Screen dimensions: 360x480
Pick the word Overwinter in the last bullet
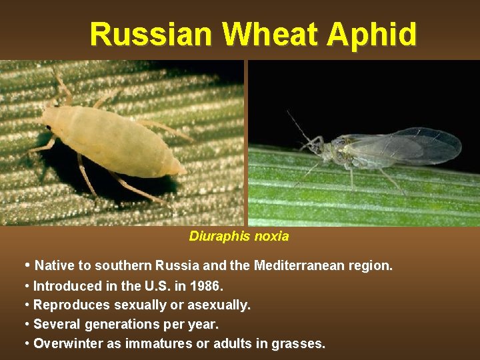coord(66,344)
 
